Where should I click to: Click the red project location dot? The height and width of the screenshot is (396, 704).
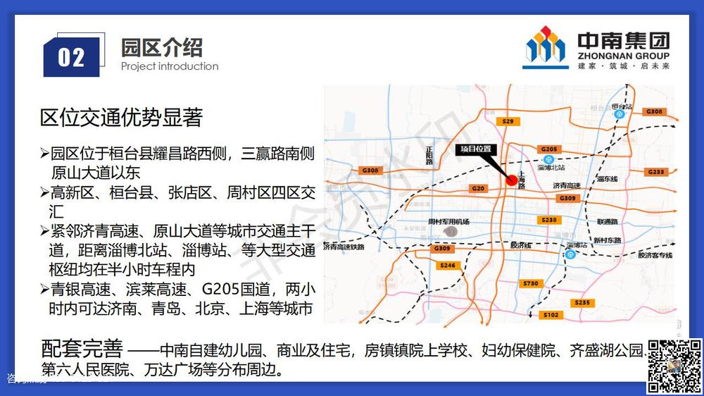pyautogui.click(x=512, y=180)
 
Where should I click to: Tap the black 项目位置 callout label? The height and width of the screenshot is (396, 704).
pyautogui.click(x=476, y=149)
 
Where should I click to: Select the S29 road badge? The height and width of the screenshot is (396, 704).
pyautogui.click(x=509, y=121)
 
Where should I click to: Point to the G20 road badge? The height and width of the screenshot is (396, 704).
pyautogui.click(x=478, y=188)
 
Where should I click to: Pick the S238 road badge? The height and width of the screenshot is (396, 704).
pyautogui.click(x=549, y=221)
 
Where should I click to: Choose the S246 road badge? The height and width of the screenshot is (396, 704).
pyautogui.click(x=446, y=266)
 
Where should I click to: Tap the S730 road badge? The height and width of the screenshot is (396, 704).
pyautogui.click(x=531, y=283)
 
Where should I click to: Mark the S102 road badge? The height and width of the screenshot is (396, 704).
pyautogui.click(x=551, y=315)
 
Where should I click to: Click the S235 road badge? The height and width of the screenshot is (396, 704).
pyautogui.click(x=582, y=302)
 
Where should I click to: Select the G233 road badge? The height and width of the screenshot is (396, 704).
pyautogui.click(x=655, y=172)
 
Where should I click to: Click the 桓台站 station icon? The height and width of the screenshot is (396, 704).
pyautogui.click(x=620, y=114)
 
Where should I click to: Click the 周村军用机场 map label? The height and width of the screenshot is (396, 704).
pyautogui.click(x=448, y=221)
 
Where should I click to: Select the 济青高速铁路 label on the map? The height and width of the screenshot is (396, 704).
pyautogui.click(x=344, y=247)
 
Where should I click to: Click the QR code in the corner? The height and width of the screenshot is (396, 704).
pyautogui.click(x=675, y=365)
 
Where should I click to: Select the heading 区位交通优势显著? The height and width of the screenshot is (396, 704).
pyautogui.click(x=122, y=118)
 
